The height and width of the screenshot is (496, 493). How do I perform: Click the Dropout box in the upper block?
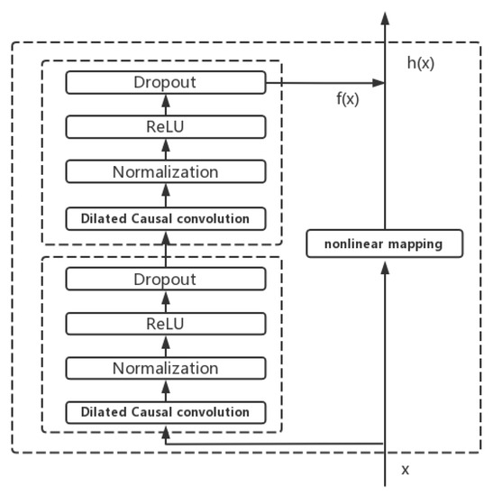coord(166,83)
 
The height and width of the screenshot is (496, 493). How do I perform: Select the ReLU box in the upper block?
coord(166,127)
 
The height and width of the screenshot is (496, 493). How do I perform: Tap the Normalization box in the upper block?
coord(166,171)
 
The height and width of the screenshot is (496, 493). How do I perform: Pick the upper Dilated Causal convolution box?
coord(166,217)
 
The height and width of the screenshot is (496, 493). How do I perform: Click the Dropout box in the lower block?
coord(166,280)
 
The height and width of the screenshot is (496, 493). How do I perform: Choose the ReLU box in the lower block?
coord(166,324)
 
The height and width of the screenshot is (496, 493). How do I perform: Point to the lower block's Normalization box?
coord(166,368)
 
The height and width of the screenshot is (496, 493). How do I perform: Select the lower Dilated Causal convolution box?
coord(166,412)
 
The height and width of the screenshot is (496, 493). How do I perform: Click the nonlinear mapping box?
coord(385,243)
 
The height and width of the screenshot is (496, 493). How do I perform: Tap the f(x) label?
coord(347,99)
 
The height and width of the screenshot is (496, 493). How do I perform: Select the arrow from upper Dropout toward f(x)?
coord(324,83)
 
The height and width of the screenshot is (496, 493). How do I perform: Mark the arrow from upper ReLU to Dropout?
coord(166,105)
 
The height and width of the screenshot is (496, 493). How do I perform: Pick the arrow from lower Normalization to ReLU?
coord(166,345)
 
